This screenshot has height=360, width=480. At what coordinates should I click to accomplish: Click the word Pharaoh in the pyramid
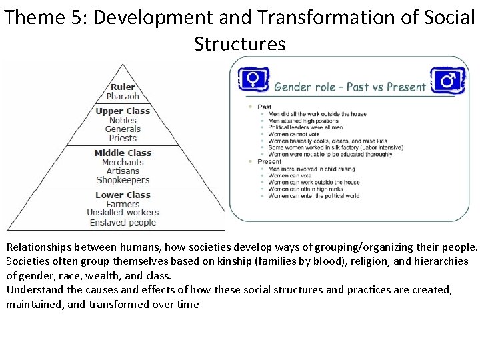pyautogui.click(x=123, y=96)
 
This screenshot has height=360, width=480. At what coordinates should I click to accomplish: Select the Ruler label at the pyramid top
pyautogui.click(x=123, y=87)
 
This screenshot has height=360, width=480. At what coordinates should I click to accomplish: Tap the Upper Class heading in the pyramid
pyautogui.click(x=123, y=111)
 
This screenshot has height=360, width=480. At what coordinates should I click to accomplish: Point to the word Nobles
pyautogui.click(x=123, y=120)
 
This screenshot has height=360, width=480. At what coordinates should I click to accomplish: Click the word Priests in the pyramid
pyautogui.click(x=123, y=138)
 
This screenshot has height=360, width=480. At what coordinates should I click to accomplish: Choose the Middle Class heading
pyautogui.click(x=123, y=153)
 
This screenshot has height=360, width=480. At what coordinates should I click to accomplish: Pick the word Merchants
pyautogui.click(x=123, y=162)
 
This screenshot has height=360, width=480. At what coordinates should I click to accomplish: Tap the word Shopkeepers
pyautogui.click(x=123, y=180)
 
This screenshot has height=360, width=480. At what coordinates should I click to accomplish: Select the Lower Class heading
pyautogui.click(x=123, y=195)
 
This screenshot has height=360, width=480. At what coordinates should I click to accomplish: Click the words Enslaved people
pyautogui.click(x=123, y=223)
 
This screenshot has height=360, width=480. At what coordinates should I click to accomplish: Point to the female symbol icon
pyautogui.click(x=253, y=80)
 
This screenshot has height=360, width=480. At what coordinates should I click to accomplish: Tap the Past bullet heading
pyautogui.click(x=265, y=107)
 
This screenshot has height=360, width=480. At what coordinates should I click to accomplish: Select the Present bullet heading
pyautogui.click(x=269, y=161)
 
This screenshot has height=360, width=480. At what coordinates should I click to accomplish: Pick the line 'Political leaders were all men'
pyautogui.click(x=306, y=127)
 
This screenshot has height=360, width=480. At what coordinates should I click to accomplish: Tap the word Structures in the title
pyautogui.click(x=239, y=43)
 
